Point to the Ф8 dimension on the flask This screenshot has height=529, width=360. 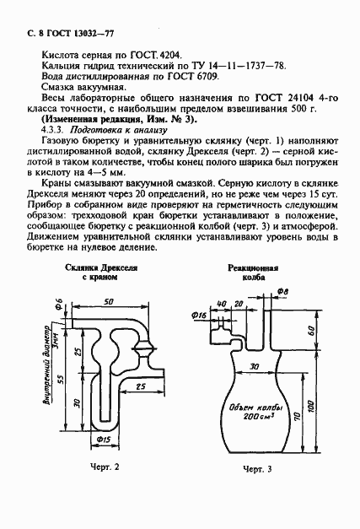coord(282,290)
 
